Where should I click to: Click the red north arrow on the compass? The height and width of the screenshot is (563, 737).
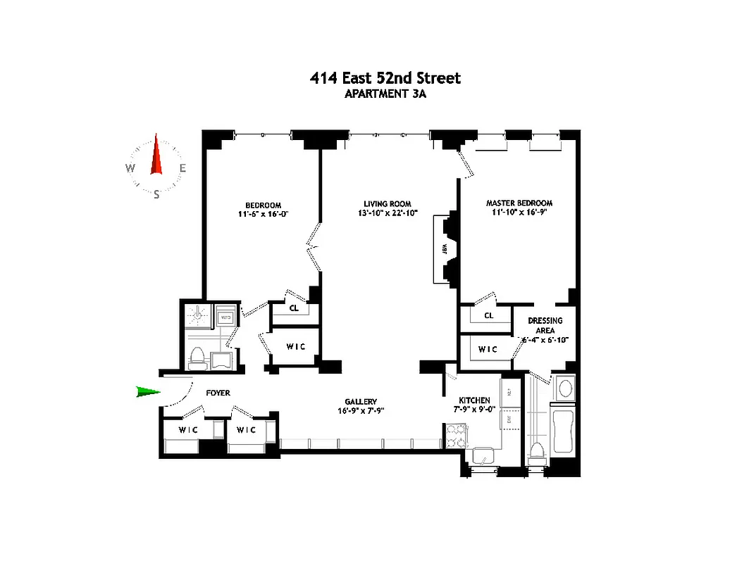point(156,158)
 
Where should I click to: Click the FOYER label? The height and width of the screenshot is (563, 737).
point(218,393)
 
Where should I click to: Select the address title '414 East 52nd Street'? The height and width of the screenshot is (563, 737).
point(385,78)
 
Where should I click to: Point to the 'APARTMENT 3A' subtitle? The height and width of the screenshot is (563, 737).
point(385,93)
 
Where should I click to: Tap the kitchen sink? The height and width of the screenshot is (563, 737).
point(484,456)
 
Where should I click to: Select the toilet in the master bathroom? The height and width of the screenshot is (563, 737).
point(537,452)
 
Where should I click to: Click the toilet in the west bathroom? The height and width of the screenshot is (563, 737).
point(197,358)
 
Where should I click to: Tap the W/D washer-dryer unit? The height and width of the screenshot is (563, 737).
point(225,317)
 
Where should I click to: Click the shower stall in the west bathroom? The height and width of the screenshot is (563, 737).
point(198,317)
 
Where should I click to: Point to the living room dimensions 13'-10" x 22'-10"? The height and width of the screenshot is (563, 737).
point(388,213)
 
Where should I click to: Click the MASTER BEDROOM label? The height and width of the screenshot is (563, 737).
point(519,203)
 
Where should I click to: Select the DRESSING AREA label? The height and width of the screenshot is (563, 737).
point(545,325)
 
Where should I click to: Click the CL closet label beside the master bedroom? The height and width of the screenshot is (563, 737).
point(488,315)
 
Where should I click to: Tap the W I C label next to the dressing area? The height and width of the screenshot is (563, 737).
point(488,349)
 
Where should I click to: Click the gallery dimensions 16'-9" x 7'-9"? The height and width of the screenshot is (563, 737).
point(361,410)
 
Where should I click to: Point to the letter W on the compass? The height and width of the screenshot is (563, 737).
point(130,167)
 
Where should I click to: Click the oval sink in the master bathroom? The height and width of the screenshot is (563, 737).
point(565,388)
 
